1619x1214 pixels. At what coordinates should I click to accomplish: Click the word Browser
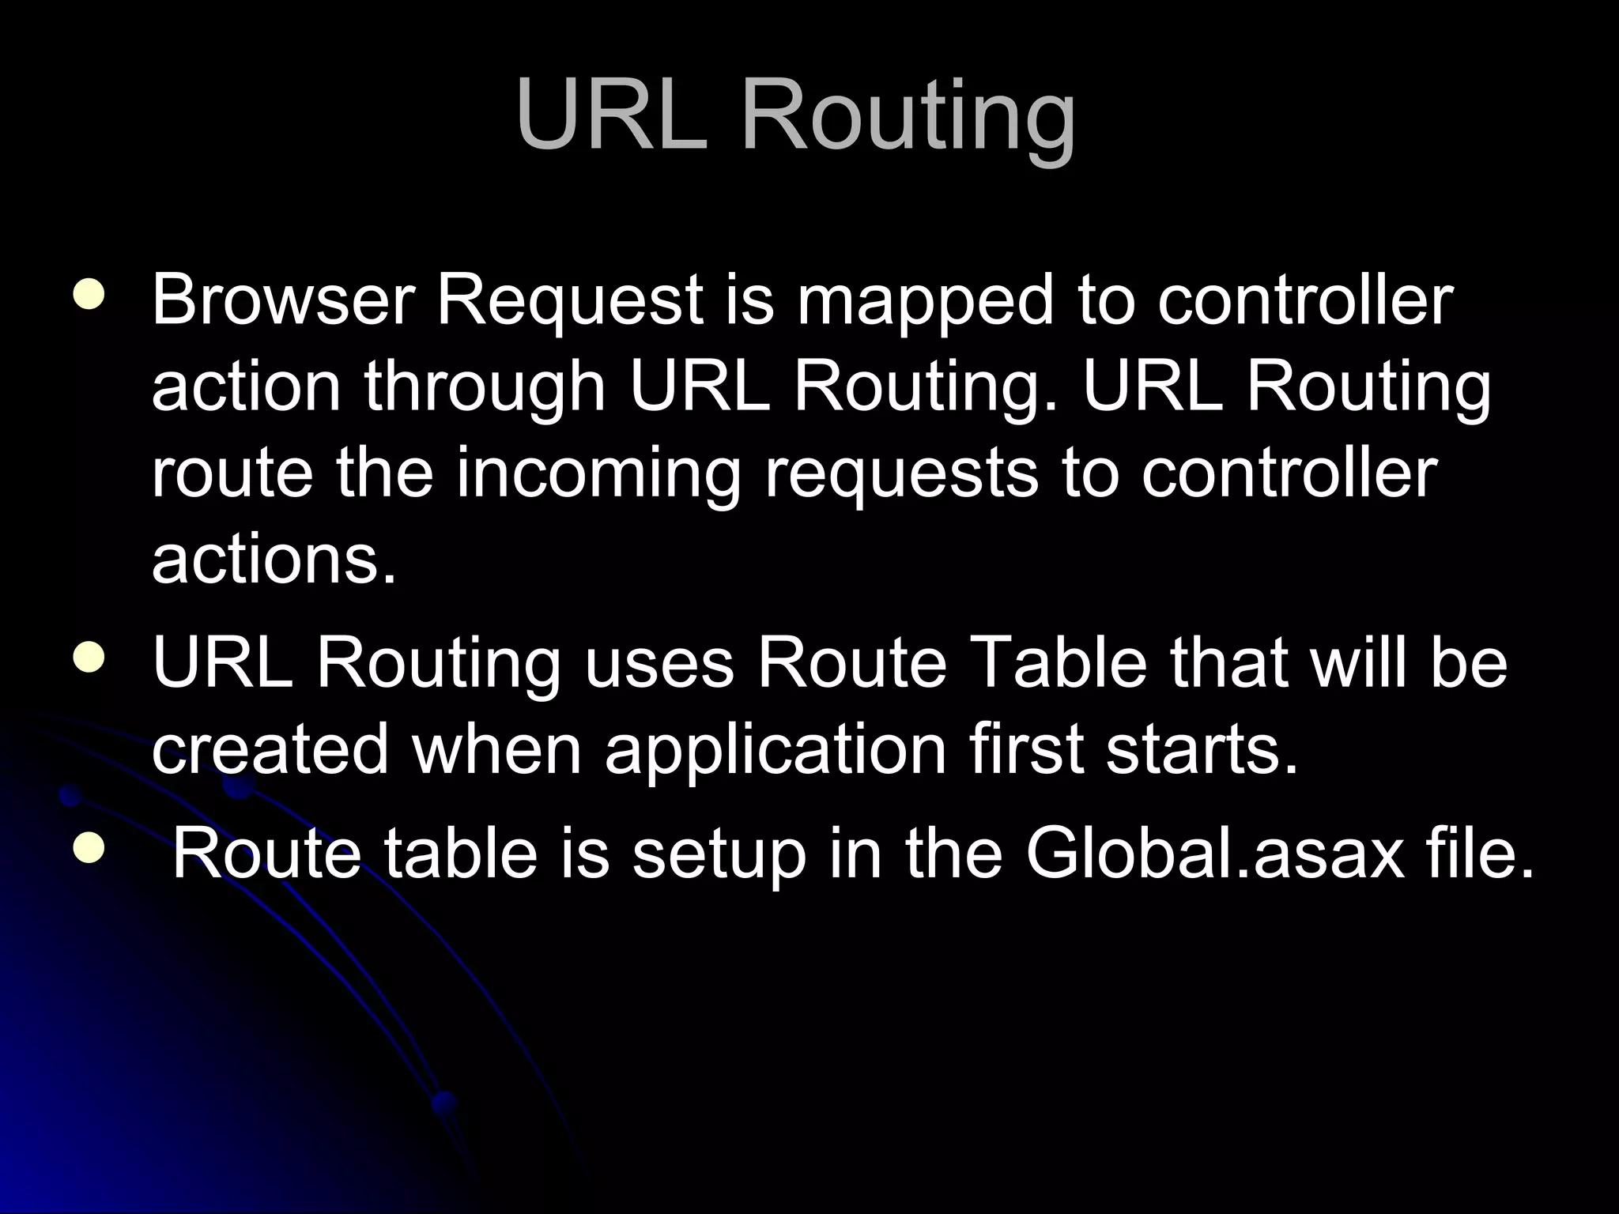(x=283, y=300)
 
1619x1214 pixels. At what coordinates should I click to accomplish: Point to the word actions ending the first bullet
(x=273, y=560)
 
